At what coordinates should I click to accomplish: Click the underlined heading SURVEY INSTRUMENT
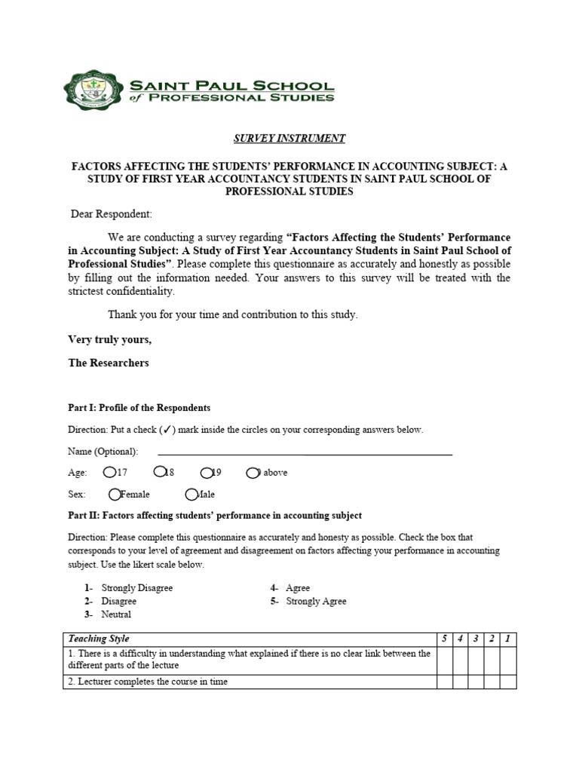(x=289, y=139)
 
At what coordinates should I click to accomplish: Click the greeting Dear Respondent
(x=111, y=214)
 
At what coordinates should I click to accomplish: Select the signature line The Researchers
(x=109, y=363)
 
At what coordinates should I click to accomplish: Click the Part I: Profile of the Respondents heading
(x=139, y=407)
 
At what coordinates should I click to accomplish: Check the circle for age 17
(x=110, y=472)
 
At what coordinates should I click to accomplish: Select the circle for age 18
(x=159, y=472)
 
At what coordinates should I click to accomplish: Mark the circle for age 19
(x=207, y=472)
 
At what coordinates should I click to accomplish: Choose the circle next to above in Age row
(x=253, y=472)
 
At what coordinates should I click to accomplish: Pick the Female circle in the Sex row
(x=115, y=494)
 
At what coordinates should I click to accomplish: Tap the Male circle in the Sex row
(x=191, y=494)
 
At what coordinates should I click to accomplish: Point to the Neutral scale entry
(x=116, y=614)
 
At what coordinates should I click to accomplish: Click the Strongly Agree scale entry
(x=316, y=602)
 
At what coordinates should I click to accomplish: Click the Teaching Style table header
(x=87, y=639)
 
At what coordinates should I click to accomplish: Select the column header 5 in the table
(x=445, y=639)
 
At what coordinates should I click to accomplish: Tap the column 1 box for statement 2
(x=508, y=682)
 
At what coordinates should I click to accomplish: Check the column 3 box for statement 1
(x=476, y=660)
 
